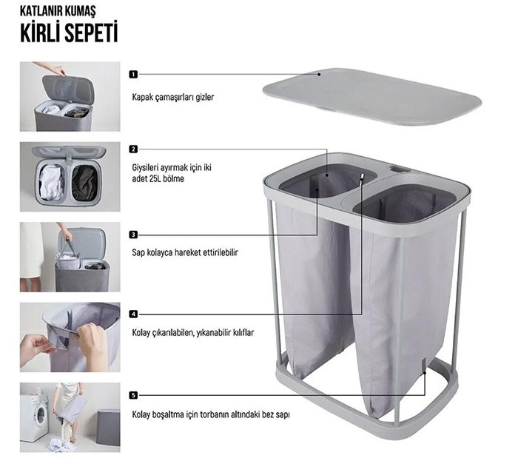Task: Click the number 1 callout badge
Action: (x=133, y=74)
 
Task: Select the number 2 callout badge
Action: (x=133, y=149)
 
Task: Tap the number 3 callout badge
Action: (x=133, y=235)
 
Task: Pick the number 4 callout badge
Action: (x=133, y=314)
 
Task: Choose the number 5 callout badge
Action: (x=133, y=395)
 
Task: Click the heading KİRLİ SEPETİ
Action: (x=69, y=33)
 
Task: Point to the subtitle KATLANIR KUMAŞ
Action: (x=58, y=11)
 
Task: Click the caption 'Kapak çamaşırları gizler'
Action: (x=173, y=98)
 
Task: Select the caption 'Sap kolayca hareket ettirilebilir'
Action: (x=185, y=252)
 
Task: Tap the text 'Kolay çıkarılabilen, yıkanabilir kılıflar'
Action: (x=193, y=332)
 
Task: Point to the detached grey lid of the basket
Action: (x=372, y=96)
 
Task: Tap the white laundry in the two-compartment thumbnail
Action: (x=51, y=182)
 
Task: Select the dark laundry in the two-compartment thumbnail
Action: (x=84, y=183)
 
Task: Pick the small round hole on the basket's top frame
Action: (x=400, y=169)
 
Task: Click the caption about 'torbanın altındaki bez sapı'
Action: (x=211, y=415)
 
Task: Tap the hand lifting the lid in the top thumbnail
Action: (x=55, y=69)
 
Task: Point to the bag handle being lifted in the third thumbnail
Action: (x=70, y=249)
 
